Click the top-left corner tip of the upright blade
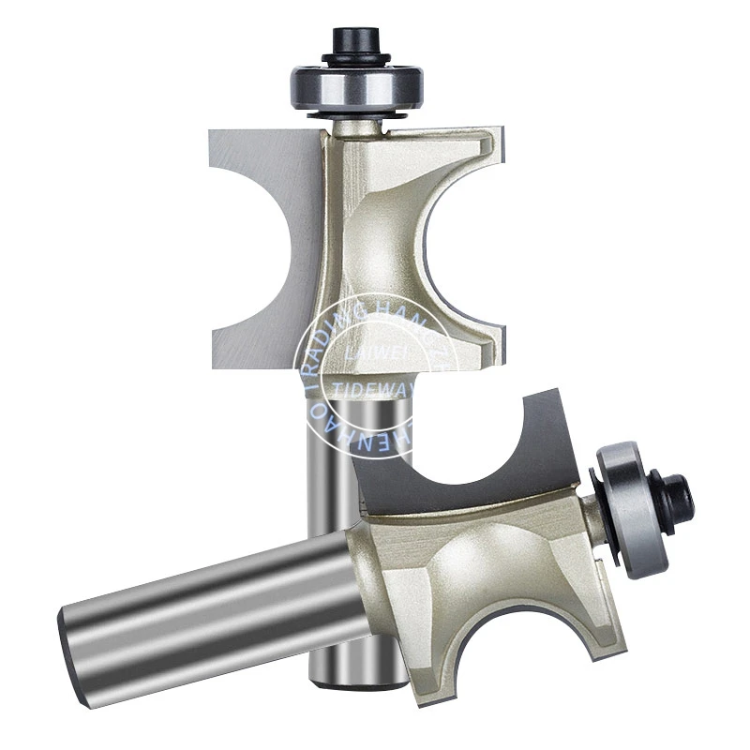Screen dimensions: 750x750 210,132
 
